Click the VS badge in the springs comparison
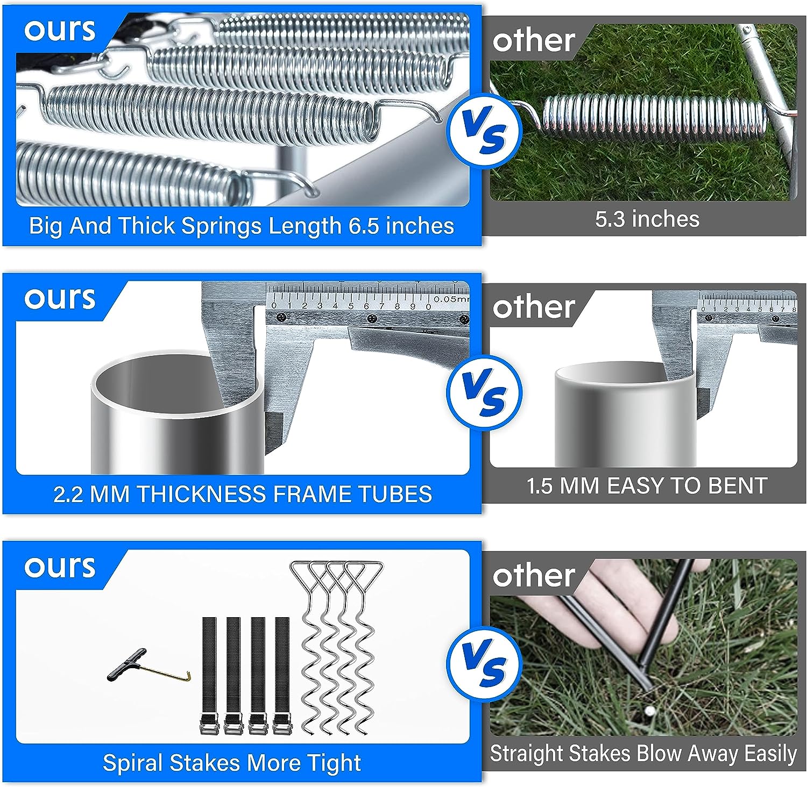(484, 131)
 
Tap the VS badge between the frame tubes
(484, 393)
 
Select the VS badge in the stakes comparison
(484, 664)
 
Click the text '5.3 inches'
(647, 219)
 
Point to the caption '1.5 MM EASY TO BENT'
(647, 486)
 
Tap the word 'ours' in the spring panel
(60, 30)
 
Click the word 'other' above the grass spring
(534, 41)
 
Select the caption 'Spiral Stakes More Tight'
(232, 763)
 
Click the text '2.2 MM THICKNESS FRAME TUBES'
(242, 494)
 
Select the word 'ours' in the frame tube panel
(60, 299)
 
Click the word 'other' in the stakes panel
(534, 576)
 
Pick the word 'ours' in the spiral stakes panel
(60, 567)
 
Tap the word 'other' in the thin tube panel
(534, 307)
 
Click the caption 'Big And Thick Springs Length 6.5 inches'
(242, 226)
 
